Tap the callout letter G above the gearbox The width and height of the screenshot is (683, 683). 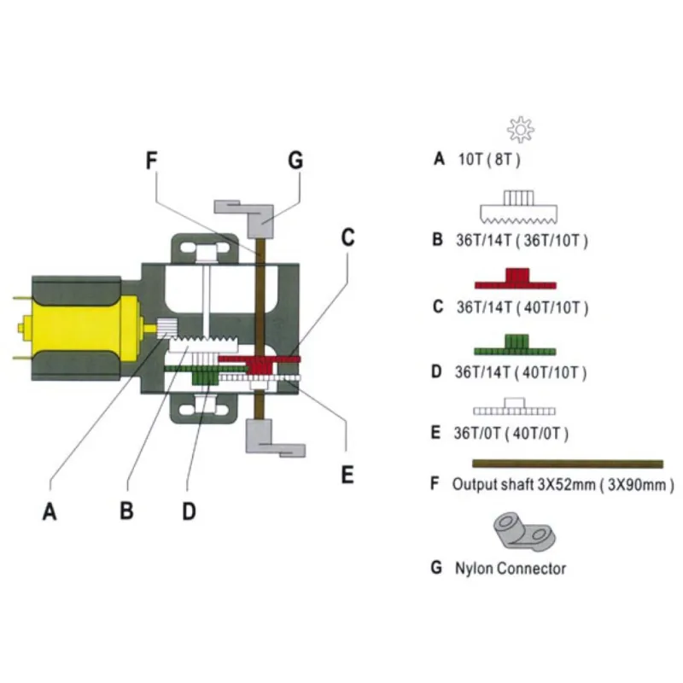[295, 161]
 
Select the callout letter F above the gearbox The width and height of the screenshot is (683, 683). [150, 161]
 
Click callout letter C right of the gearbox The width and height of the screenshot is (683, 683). [347, 238]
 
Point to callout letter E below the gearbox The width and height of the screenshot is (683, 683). [347, 474]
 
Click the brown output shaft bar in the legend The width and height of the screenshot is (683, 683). [568, 464]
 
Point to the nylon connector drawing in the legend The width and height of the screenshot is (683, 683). [521, 531]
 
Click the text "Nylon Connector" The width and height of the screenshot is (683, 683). [511, 568]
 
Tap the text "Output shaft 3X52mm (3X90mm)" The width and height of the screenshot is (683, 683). [563, 484]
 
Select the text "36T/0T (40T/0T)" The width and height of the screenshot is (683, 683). [510, 433]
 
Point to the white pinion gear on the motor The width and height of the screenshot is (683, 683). [167, 326]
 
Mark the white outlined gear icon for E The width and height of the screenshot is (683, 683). [513, 405]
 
